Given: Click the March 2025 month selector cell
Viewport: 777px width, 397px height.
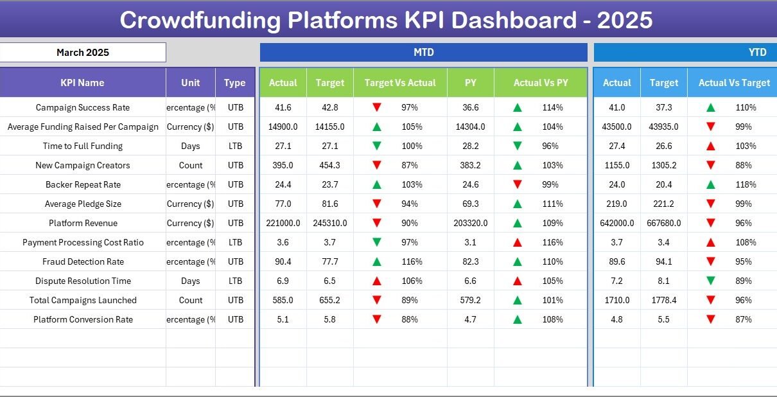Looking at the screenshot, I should click(x=83, y=53).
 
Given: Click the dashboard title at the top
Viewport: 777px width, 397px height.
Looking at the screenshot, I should click(x=386, y=20).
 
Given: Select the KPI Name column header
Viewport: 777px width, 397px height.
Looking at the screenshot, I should click(x=82, y=83).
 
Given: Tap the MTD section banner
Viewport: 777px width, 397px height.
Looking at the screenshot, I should click(x=423, y=53).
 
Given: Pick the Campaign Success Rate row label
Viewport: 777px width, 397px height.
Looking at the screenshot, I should click(x=82, y=107).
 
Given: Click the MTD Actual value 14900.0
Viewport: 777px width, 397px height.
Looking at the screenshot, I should click(x=283, y=127).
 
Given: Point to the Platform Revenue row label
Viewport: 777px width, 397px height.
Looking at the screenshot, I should click(x=82, y=223).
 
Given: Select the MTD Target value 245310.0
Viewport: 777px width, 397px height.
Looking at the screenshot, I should click(x=330, y=223).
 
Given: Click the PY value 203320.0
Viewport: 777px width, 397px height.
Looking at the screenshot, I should click(x=471, y=223).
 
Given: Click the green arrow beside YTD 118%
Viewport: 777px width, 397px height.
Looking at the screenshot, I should click(x=710, y=184).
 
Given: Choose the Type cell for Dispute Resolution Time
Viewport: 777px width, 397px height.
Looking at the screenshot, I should click(x=235, y=281).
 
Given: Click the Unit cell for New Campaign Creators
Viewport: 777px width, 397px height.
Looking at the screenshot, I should click(x=191, y=165).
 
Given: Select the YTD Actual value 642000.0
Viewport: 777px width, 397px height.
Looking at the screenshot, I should click(x=617, y=223).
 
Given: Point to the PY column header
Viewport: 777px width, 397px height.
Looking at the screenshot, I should click(x=471, y=83).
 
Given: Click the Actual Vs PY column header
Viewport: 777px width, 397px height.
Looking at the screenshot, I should click(x=541, y=83).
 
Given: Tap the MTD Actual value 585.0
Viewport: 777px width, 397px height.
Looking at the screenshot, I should click(x=283, y=300).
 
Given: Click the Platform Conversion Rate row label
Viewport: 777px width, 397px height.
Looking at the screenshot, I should click(x=83, y=319).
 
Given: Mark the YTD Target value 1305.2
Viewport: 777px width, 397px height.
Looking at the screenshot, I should click(x=664, y=165).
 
